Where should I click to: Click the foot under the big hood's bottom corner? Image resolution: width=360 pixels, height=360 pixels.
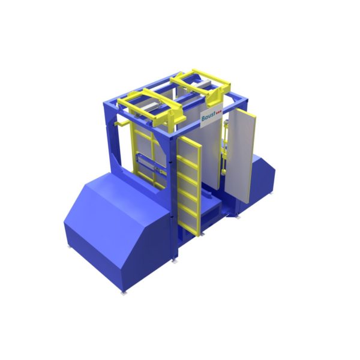point(124,292)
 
